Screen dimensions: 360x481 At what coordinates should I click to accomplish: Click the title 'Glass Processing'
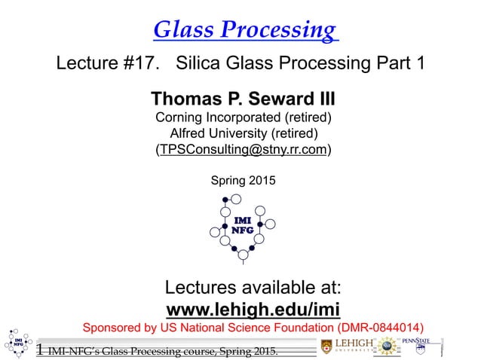coord(245,29)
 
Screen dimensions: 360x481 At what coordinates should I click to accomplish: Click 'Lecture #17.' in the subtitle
coord(112,64)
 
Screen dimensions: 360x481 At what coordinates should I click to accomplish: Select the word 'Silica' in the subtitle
coord(201,64)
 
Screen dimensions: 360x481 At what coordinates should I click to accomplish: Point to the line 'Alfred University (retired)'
coord(243,133)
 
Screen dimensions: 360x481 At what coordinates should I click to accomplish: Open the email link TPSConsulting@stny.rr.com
coord(243,149)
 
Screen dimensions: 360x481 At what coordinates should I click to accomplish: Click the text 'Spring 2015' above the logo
coord(243,181)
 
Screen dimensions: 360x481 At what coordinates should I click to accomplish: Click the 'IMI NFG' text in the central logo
coord(242,225)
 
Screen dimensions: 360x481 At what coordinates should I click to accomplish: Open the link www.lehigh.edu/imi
coord(253,309)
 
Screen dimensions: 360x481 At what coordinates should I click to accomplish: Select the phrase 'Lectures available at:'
coord(253,288)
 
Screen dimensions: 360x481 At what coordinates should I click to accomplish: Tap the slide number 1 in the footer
coord(39,349)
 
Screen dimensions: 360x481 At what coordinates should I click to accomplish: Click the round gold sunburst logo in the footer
coord(388,346)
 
